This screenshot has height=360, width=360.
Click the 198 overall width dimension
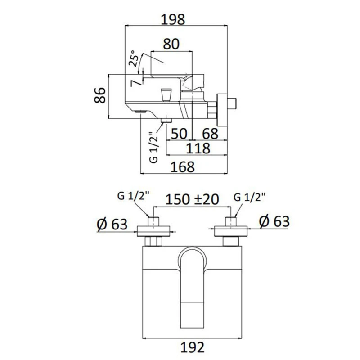(175, 19)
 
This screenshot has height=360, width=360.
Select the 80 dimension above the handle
(171, 44)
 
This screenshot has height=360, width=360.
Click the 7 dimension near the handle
(134, 83)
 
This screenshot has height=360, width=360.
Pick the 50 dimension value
(179, 134)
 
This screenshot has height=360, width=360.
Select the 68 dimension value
(210, 134)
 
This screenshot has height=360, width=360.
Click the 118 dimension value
(198, 148)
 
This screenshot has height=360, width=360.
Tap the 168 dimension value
(183, 167)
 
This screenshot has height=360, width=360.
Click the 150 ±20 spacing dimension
(192, 199)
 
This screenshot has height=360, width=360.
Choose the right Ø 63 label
(274, 221)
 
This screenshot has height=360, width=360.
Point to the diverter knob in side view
(166, 95)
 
